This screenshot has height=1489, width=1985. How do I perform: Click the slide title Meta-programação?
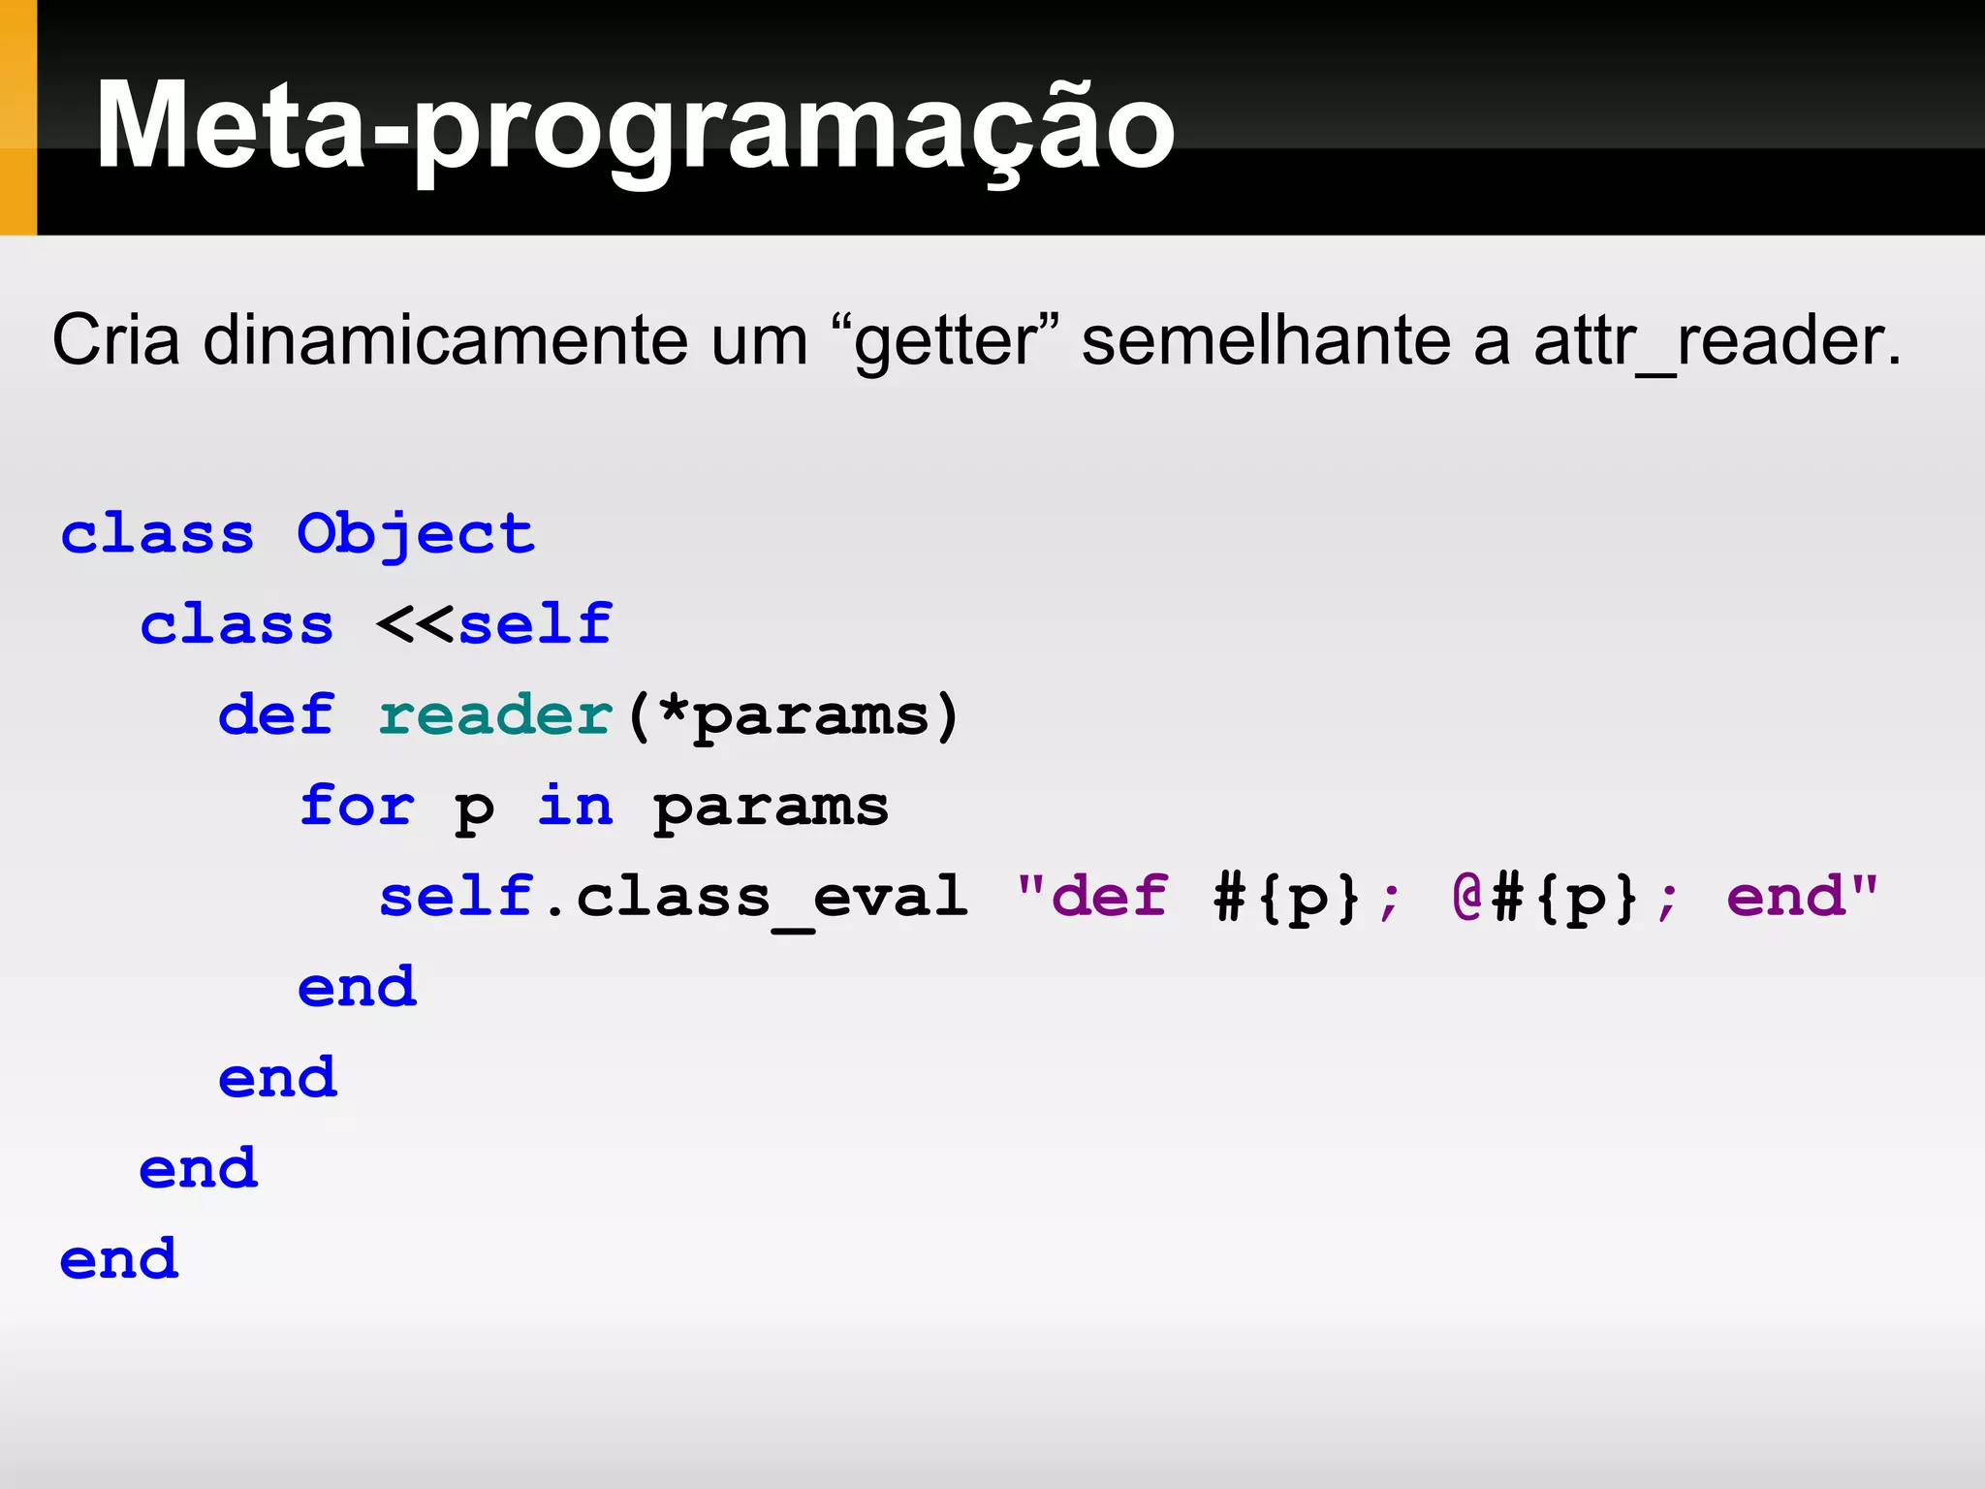pyautogui.click(x=635, y=126)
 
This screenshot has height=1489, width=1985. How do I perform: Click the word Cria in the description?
pyautogui.click(x=115, y=340)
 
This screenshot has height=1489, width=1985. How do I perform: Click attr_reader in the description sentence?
pyautogui.click(x=1716, y=342)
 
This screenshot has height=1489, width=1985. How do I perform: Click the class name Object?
pyautogui.click(x=415, y=534)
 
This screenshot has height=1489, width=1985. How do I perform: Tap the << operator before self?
pyautogui.click(x=415, y=623)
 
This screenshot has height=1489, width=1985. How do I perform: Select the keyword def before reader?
pyautogui.click(x=276, y=714)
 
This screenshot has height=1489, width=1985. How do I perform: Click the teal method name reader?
pyautogui.click(x=495, y=714)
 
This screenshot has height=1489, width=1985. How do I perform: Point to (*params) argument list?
pyautogui.click(x=793, y=716)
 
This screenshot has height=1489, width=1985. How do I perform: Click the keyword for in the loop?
pyautogui.click(x=357, y=806)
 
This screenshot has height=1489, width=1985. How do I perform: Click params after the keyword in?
pyautogui.click(x=771, y=808)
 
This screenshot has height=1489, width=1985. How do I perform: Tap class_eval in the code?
pyautogui.click(x=772, y=897)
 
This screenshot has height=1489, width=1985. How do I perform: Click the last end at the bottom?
pyautogui.click(x=119, y=1259)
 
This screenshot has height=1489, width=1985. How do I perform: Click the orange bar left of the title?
pyautogui.click(x=17, y=117)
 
